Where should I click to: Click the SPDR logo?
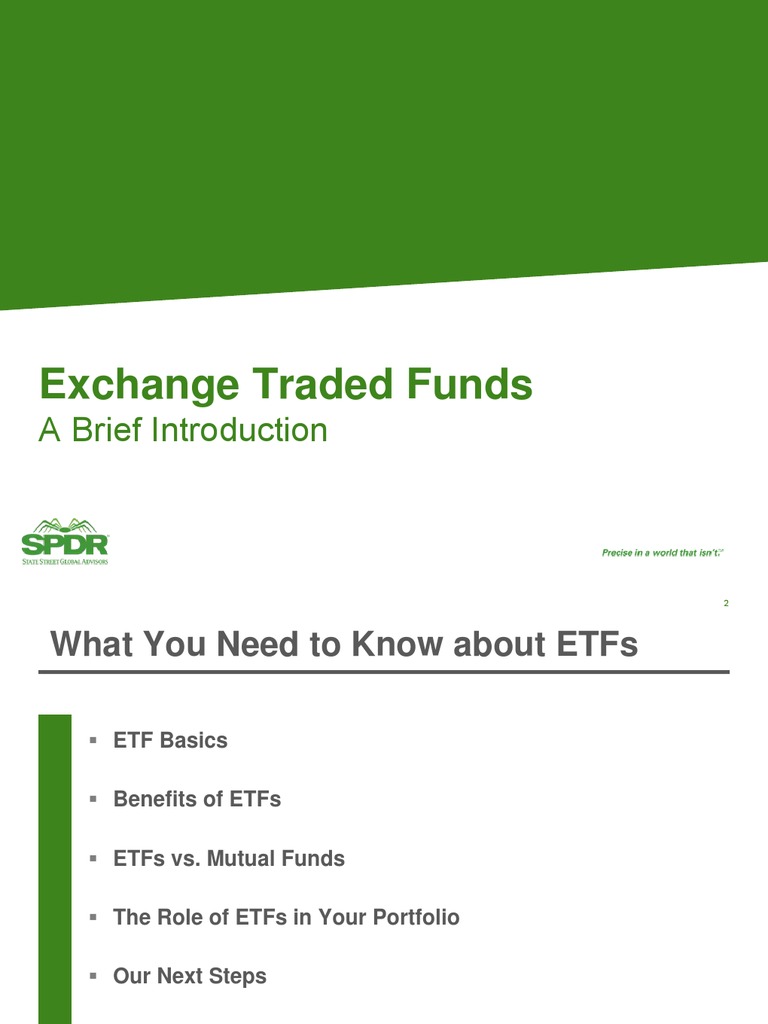pyautogui.click(x=65, y=540)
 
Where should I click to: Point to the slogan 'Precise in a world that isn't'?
pyautogui.click(x=661, y=552)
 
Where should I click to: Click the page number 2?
pyautogui.click(x=725, y=603)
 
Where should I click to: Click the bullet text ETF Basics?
pyautogui.click(x=170, y=741)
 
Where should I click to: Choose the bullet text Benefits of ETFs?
pyautogui.click(x=197, y=800)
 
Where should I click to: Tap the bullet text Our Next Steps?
pyautogui.click(x=190, y=976)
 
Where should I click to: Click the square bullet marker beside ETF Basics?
pyautogui.click(x=92, y=741)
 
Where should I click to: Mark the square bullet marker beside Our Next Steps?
pyautogui.click(x=92, y=976)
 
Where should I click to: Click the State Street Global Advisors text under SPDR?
pyautogui.click(x=65, y=561)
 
